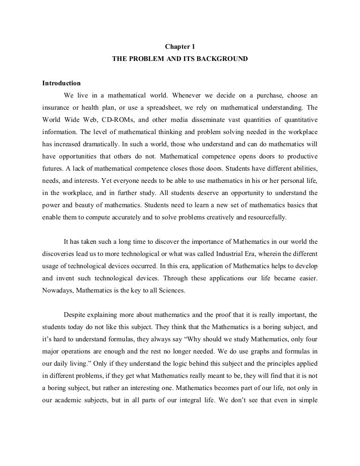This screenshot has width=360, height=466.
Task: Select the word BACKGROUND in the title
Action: (223, 60)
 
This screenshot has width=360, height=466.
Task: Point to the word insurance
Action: (56, 107)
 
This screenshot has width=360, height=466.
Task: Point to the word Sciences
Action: (172, 290)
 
